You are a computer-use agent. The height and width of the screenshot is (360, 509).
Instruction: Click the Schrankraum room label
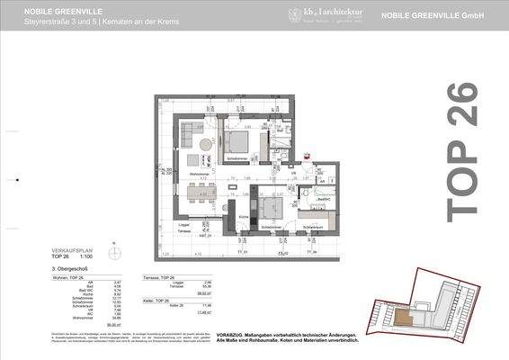tap(312, 227)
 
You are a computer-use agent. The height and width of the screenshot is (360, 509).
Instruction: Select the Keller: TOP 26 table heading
tap(157, 298)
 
